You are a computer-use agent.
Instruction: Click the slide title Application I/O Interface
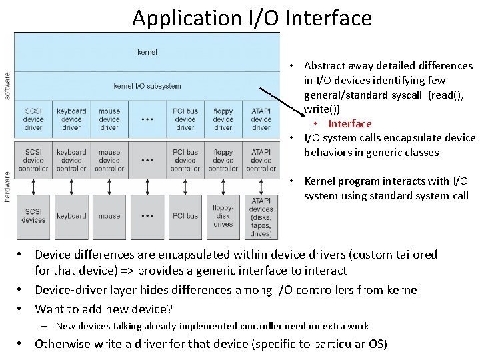pos(251,18)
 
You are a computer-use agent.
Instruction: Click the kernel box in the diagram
pos(147,51)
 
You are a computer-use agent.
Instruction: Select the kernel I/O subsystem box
pos(147,86)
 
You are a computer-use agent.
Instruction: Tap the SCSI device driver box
pos(33,119)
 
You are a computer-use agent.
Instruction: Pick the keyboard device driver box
pos(71,119)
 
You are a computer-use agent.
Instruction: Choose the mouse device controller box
pos(109,160)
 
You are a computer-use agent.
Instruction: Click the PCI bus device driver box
pos(185,119)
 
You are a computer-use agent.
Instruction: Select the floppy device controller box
pos(223,160)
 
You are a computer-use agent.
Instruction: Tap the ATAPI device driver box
pos(261,119)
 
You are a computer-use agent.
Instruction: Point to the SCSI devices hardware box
pos(33,216)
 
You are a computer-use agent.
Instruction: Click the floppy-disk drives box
pos(223,216)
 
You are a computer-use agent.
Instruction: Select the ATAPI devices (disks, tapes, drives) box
pos(261,216)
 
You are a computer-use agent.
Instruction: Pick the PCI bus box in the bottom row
pos(185,216)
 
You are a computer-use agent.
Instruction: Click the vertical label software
pos(7,86)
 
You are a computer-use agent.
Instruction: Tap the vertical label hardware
pos(7,189)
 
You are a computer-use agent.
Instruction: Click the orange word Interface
pos(350,123)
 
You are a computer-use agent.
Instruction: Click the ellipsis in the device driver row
pos(147,120)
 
